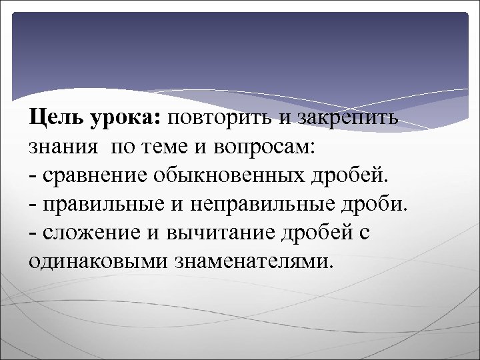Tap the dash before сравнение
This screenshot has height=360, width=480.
[x=33, y=177]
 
